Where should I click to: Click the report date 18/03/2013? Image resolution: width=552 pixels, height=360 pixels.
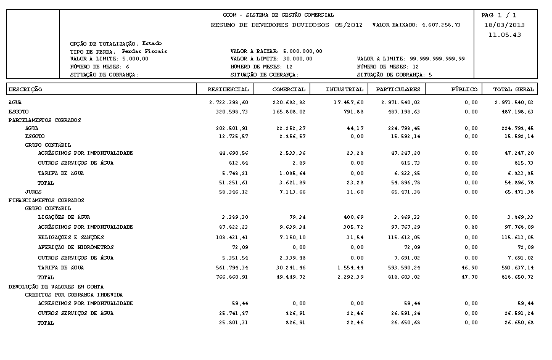pyautogui.click(x=505, y=25)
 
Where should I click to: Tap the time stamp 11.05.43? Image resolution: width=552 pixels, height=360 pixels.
pyautogui.click(x=505, y=35)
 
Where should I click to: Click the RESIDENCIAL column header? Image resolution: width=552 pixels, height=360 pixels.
pyautogui.click(x=229, y=89)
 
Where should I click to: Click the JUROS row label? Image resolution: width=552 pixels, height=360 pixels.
pyautogui.click(x=33, y=192)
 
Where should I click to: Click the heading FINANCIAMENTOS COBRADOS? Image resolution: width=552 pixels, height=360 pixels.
pyautogui.click(x=46, y=200)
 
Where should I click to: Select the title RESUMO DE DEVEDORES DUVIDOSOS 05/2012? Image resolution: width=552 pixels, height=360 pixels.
pyautogui.click(x=286, y=25)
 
